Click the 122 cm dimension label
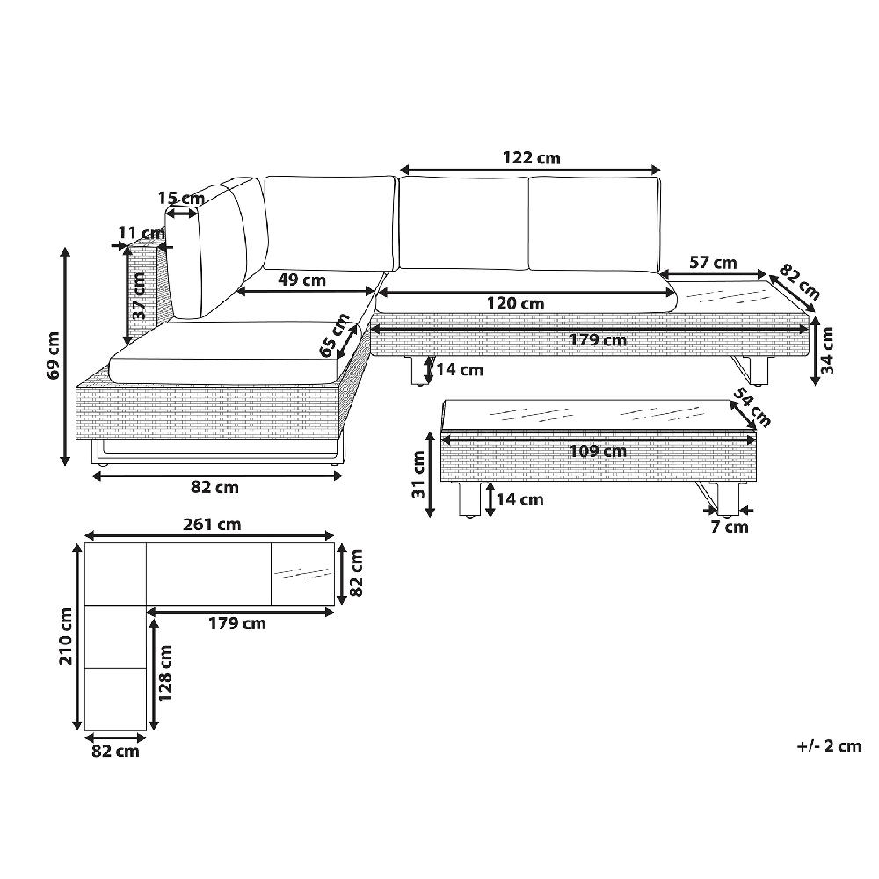point(532,158)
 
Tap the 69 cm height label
point(54,355)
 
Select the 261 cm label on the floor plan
point(212,525)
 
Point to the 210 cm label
point(67,636)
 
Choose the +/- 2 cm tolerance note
point(829,746)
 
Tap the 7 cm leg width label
point(730,527)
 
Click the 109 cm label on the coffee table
point(598,451)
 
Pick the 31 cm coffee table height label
point(418,475)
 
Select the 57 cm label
point(713,262)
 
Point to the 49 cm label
point(302,280)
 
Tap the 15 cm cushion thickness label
point(181,198)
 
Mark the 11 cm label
point(142,232)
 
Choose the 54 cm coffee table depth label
point(752,407)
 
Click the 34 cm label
point(827,351)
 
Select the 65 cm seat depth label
point(335,335)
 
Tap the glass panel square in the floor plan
point(302,574)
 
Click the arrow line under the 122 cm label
point(530,170)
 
